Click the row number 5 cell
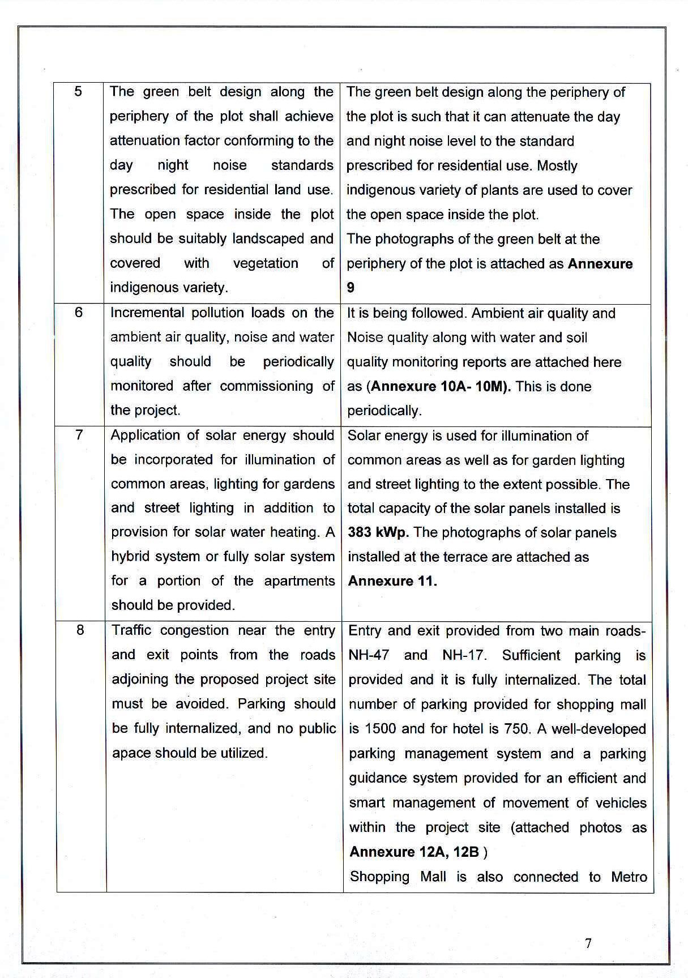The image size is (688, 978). (x=79, y=91)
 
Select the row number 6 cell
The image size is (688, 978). (x=79, y=312)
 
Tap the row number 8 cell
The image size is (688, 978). (x=80, y=630)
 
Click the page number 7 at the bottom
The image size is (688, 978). (x=588, y=943)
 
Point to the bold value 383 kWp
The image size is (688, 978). (x=378, y=532)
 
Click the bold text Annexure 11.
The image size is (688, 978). (x=392, y=581)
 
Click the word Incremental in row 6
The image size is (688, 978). (x=147, y=313)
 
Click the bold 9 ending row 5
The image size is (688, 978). (x=351, y=288)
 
